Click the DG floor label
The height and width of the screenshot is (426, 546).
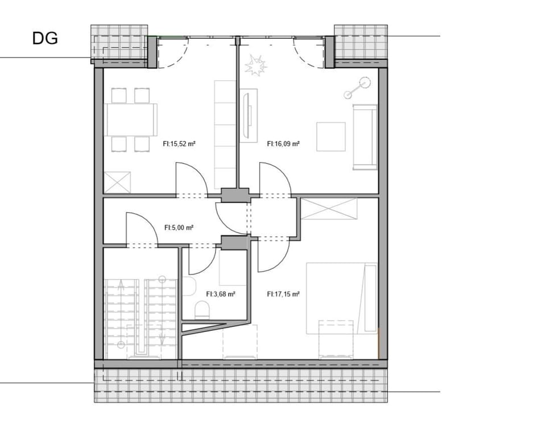(45, 39)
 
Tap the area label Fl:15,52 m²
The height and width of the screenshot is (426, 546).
(179, 145)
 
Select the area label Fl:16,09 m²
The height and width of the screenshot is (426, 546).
(283, 145)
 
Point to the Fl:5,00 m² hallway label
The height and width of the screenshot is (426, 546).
(179, 227)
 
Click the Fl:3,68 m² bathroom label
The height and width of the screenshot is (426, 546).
(221, 294)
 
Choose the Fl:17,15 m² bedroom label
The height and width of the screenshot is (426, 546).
(283, 294)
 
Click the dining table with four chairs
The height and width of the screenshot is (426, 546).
(130, 120)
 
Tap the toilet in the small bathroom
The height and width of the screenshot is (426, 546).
(201, 310)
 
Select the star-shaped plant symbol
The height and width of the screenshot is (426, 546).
(255, 66)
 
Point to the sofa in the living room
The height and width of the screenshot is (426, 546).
(365, 137)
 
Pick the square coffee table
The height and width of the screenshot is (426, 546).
(331, 137)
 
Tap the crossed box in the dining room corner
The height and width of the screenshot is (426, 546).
(118, 183)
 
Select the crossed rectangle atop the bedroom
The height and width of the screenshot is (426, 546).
(329, 208)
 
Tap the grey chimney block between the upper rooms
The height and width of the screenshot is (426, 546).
(235, 195)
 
